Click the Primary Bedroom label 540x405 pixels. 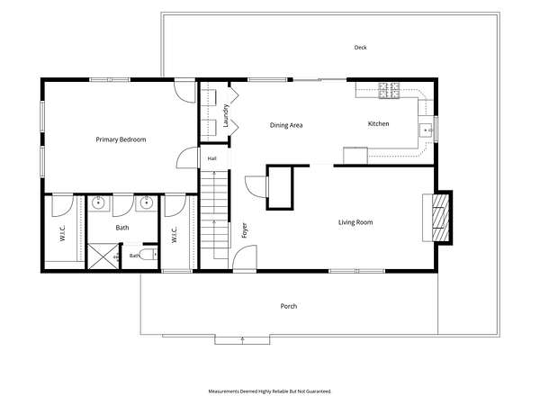tap(121, 139)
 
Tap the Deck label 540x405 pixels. tap(361, 48)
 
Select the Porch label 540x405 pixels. tap(289, 306)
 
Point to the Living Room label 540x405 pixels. tap(355, 222)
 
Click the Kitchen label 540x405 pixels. tap(379, 123)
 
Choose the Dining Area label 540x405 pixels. tap(286, 125)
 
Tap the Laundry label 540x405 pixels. tap(226, 116)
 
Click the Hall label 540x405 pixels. tap(212, 158)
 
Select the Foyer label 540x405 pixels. tap(245, 230)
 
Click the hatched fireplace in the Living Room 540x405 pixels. tap(441, 218)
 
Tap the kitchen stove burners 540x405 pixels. tap(389, 91)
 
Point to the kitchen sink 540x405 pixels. tap(427, 130)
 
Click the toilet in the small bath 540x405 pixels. tap(149, 255)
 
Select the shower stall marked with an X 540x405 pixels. tap(103, 256)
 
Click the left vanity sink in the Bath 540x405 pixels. tap(99, 202)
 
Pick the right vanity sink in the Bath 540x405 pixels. tap(147, 202)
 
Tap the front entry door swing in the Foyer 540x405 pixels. tap(245, 258)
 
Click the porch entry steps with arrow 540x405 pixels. tap(242, 339)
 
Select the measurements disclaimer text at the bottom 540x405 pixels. tap(270, 391)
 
